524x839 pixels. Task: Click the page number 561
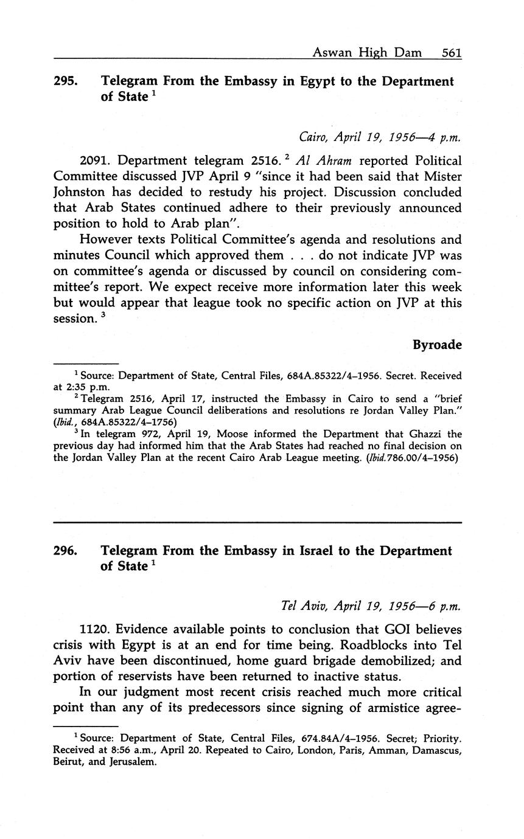(x=452, y=53)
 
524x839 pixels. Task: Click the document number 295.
(x=65, y=81)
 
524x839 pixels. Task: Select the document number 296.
(x=65, y=551)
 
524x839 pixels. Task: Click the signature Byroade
(x=437, y=345)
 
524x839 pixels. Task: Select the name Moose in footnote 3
(x=223, y=435)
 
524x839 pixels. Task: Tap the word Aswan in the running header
(x=332, y=53)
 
